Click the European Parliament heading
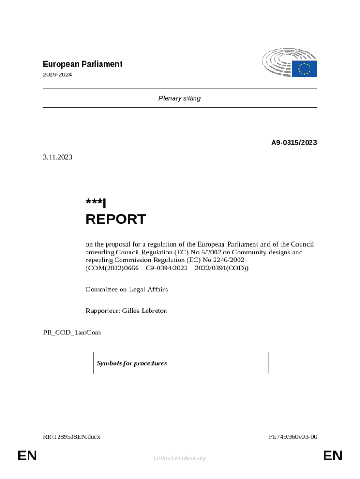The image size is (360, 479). [x=83, y=64]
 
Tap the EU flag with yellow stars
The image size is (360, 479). [x=304, y=69]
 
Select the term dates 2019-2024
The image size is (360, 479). [x=58, y=74]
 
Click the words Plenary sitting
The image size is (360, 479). [x=180, y=98]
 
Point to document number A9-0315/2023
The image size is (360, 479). [x=294, y=142]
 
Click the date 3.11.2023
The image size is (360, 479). [x=58, y=157]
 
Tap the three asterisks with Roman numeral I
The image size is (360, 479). [x=96, y=203]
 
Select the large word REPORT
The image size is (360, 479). [x=115, y=219]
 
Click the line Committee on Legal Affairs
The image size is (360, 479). [x=127, y=290]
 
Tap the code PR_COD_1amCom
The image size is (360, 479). [x=72, y=333]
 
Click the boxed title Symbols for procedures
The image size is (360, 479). [x=132, y=363]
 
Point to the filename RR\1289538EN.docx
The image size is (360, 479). [x=72, y=437]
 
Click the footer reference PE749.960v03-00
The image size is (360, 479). [x=293, y=437]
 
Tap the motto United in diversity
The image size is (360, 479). [x=180, y=458]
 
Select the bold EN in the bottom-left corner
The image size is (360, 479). [x=27, y=456]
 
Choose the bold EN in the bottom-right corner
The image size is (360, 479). [x=332, y=456]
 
